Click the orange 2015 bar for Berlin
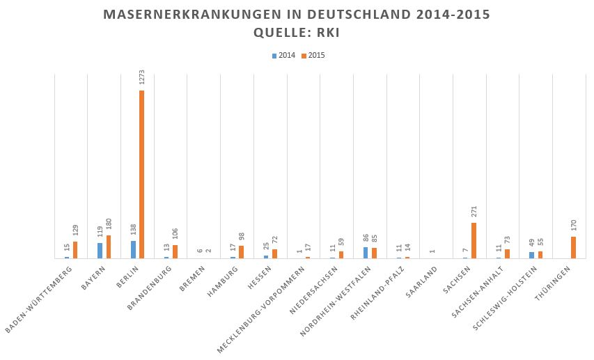142,174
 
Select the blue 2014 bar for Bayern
100,251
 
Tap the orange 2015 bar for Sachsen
474,241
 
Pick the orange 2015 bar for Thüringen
574,248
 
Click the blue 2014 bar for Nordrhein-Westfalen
366,253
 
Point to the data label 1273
141,77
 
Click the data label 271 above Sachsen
474,212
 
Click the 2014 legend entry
283,56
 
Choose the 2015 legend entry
313,56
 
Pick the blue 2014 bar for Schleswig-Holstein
532,255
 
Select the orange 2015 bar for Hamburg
242,252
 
